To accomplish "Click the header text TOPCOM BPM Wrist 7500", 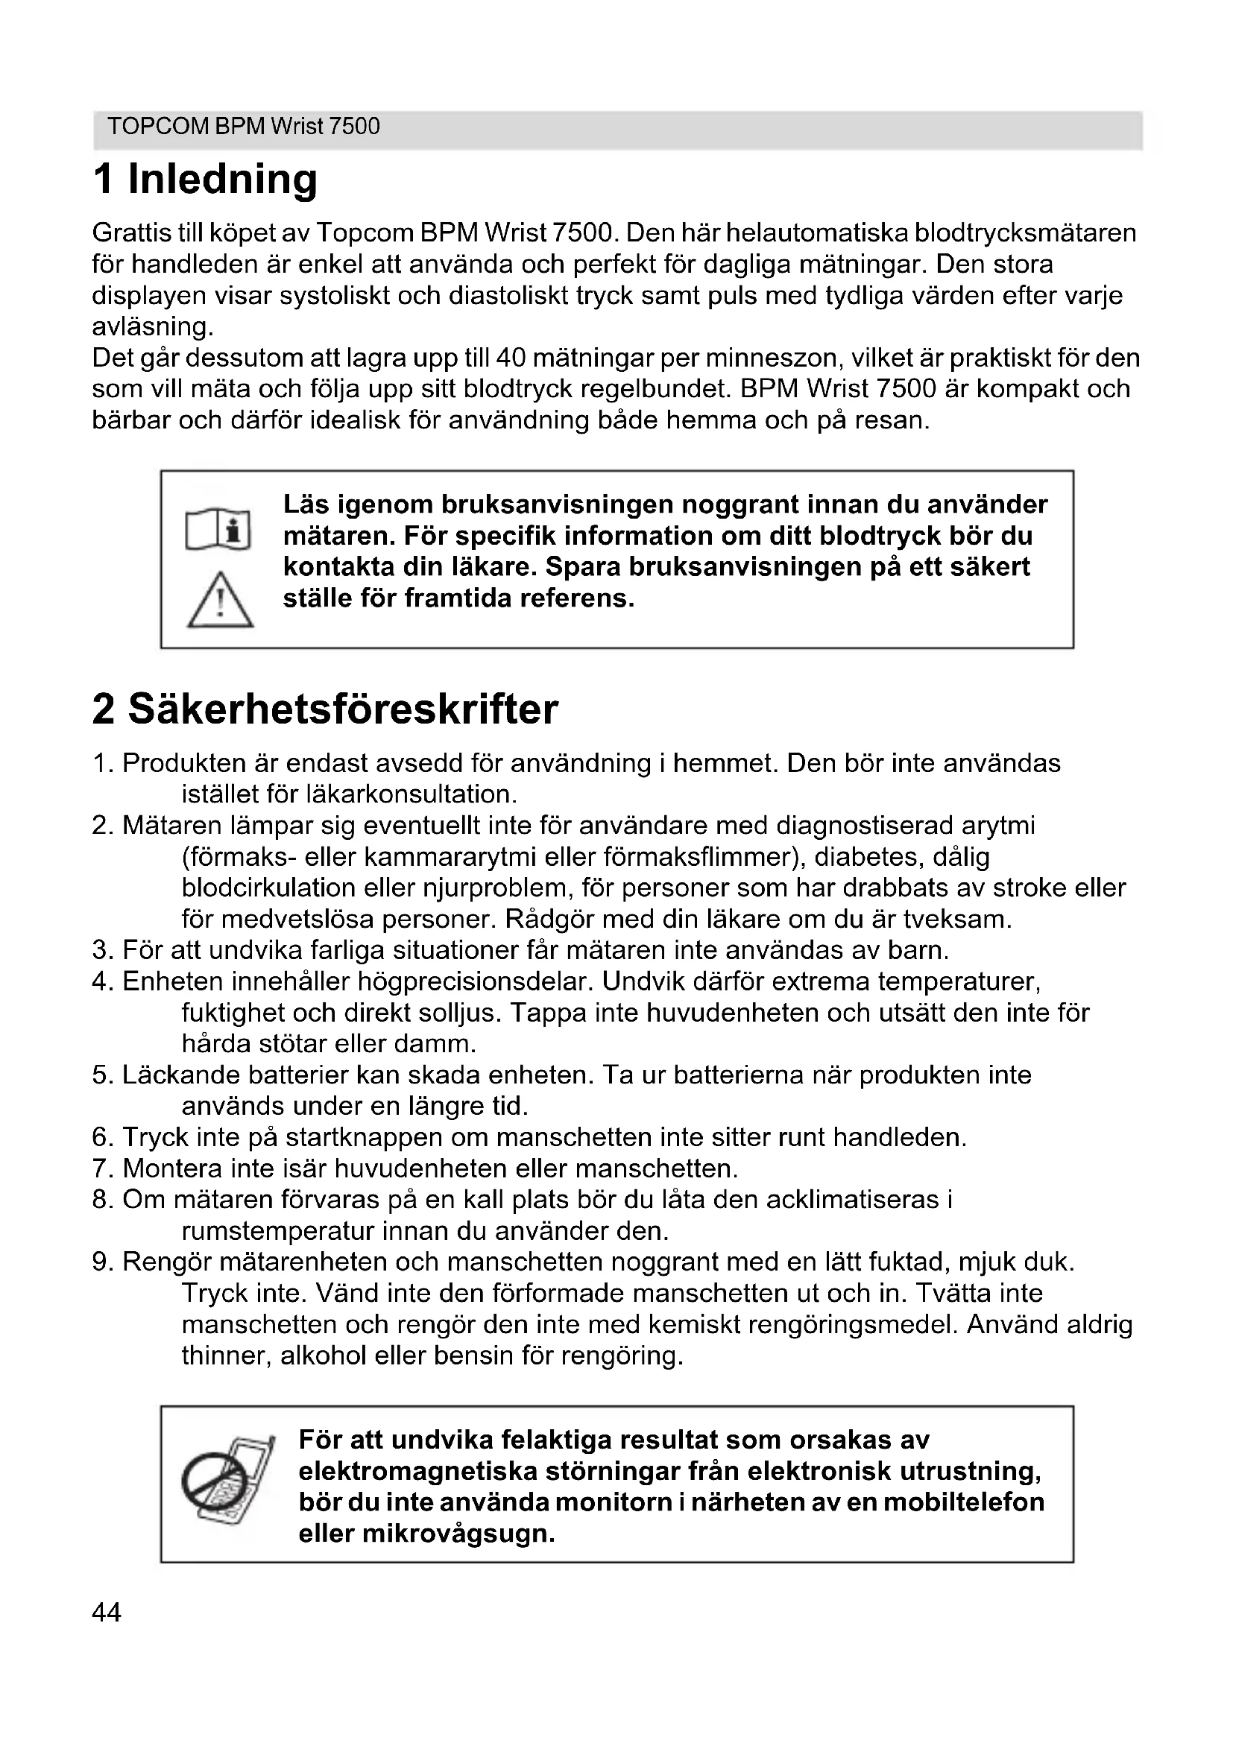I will click(243, 126).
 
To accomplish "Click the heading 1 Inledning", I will click(205, 179).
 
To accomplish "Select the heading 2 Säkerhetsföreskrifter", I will click(325, 709).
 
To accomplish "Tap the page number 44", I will click(107, 1612).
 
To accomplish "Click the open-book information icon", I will click(218, 529).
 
